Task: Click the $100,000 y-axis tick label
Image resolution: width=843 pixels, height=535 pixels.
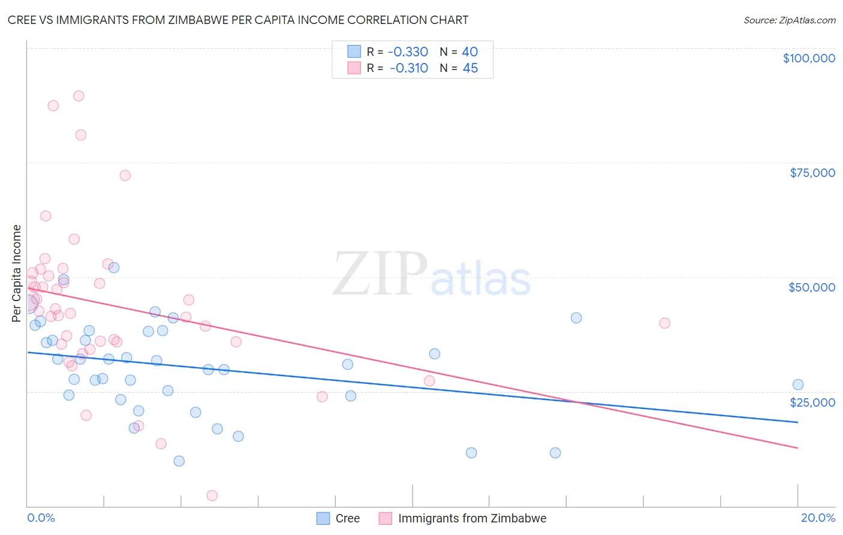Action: (809, 58)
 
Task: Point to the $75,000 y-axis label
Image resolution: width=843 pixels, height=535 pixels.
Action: (812, 173)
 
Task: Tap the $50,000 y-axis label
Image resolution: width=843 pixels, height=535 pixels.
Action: (812, 287)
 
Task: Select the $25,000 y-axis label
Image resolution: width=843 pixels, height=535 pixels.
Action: (812, 402)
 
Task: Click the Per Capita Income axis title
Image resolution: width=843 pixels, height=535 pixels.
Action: (17, 273)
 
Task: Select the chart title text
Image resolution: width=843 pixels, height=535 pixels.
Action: (238, 20)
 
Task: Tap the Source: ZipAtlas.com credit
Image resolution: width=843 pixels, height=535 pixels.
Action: (789, 20)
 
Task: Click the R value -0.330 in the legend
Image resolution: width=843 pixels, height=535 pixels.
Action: (408, 52)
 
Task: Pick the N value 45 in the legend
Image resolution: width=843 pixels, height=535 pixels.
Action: (470, 68)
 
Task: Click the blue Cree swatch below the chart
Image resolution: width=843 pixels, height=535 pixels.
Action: (323, 519)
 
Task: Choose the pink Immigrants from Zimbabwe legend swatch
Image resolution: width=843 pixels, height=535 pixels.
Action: (385, 519)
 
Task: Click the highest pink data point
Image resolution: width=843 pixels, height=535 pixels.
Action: (79, 96)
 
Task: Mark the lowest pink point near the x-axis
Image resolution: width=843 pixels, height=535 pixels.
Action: (212, 495)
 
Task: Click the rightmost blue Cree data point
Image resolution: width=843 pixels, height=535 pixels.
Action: (798, 384)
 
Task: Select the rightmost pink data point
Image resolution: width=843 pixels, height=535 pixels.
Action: (664, 323)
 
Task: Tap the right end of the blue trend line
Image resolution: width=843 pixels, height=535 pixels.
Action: (797, 422)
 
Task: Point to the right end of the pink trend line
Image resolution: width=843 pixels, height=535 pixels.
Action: (797, 448)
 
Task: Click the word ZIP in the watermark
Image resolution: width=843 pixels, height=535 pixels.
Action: (380, 275)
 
